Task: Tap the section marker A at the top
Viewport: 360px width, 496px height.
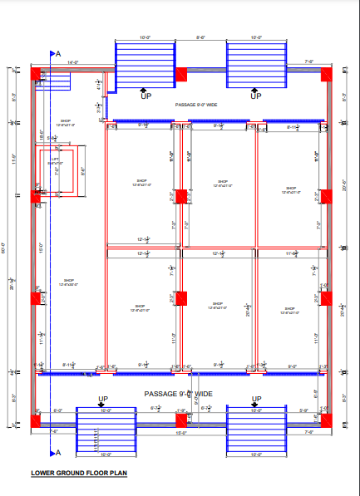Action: click(57, 53)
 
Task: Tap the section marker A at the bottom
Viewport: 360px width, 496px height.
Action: click(57, 453)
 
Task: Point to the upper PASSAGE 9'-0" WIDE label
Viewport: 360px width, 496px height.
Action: click(196, 105)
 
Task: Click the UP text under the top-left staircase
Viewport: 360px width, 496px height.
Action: click(146, 96)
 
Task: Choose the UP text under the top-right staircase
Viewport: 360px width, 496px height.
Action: click(256, 96)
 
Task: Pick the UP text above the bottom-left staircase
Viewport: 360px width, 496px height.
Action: click(103, 399)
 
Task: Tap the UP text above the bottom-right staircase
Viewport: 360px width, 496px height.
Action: click(257, 399)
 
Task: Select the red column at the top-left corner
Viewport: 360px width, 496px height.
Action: click(37, 75)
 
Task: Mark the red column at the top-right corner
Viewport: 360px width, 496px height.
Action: click(325, 75)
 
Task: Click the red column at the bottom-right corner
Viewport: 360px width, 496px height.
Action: click(325, 422)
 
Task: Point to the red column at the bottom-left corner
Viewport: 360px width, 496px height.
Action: click(37, 422)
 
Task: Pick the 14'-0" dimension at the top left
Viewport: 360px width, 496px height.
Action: click(72, 62)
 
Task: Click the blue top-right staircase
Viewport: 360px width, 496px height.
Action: click(256, 63)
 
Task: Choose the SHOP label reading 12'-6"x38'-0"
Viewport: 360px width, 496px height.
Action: click(69, 282)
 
